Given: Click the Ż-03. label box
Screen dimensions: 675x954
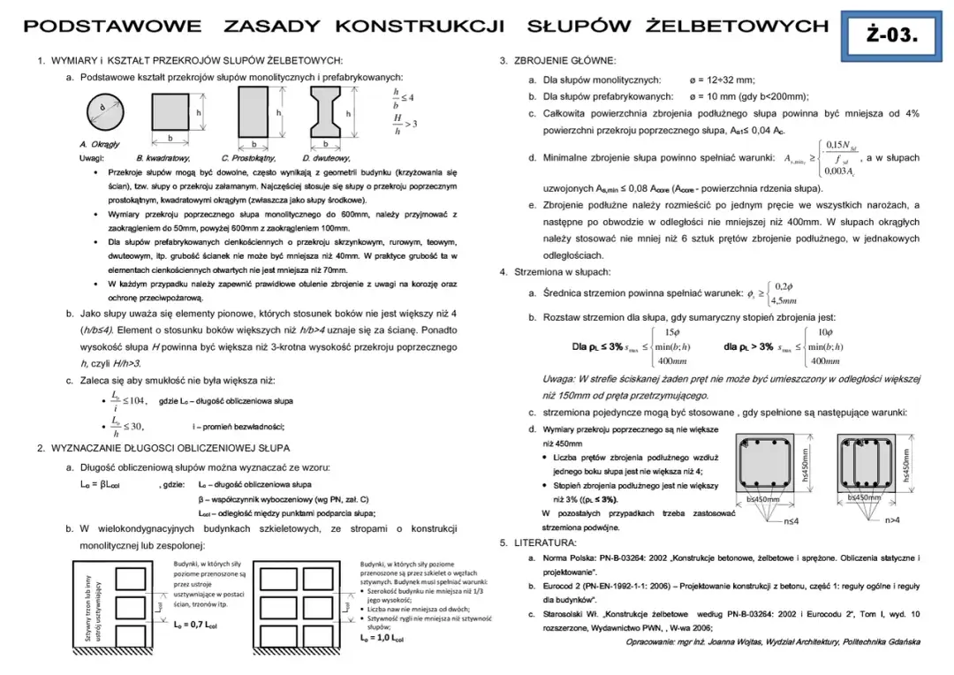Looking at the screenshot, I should point(894,35).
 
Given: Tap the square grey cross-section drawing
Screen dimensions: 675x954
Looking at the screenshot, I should point(170,112).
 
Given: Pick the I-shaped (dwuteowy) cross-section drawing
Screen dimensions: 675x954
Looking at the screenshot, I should point(325,113).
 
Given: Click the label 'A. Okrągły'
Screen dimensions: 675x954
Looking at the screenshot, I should point(100,143).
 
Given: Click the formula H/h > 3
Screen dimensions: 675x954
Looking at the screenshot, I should point(405,125).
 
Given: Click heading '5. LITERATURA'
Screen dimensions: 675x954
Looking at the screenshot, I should point(538,542).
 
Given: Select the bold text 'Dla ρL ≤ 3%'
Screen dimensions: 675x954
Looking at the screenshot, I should point(598,346).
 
